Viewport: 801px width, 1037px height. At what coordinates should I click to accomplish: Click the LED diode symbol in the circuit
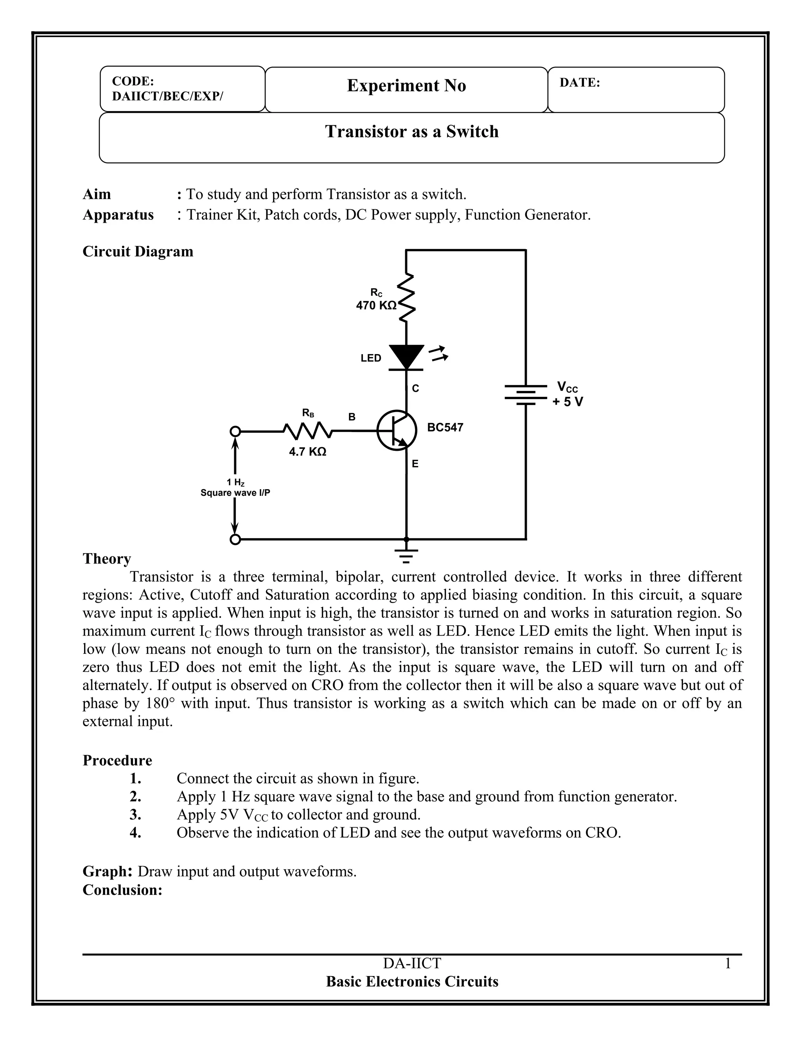pos(406,357)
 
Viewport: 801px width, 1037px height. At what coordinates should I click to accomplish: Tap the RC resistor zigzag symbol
pos(406,298)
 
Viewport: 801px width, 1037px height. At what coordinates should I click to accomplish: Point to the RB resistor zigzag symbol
pos(307,431)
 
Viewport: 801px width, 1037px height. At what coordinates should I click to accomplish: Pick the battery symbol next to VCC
pos(526,395)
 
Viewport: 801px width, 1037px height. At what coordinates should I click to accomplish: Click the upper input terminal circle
pos(235,431)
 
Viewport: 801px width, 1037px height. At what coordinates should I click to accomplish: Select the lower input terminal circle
pos(235,539)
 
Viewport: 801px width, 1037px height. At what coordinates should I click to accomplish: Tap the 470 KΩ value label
pos(376,306)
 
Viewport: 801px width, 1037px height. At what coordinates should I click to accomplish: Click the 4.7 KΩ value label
pos(307,452)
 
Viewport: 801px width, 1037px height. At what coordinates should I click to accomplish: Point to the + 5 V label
pos(568,402)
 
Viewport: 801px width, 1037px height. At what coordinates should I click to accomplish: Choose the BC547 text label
pos(445,427)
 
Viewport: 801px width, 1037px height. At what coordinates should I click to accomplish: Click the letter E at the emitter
pos(415,464)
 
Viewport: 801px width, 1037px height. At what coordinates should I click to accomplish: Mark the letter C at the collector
pos(415,389)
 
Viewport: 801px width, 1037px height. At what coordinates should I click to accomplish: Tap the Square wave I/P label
pos(235,493)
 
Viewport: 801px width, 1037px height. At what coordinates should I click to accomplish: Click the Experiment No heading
pos(406,85)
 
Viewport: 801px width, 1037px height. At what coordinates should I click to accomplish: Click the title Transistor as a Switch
pos(411,131)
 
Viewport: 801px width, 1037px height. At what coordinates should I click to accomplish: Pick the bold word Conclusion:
pos(122,890)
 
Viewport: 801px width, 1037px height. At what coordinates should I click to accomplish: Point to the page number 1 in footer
pos(727,963)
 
